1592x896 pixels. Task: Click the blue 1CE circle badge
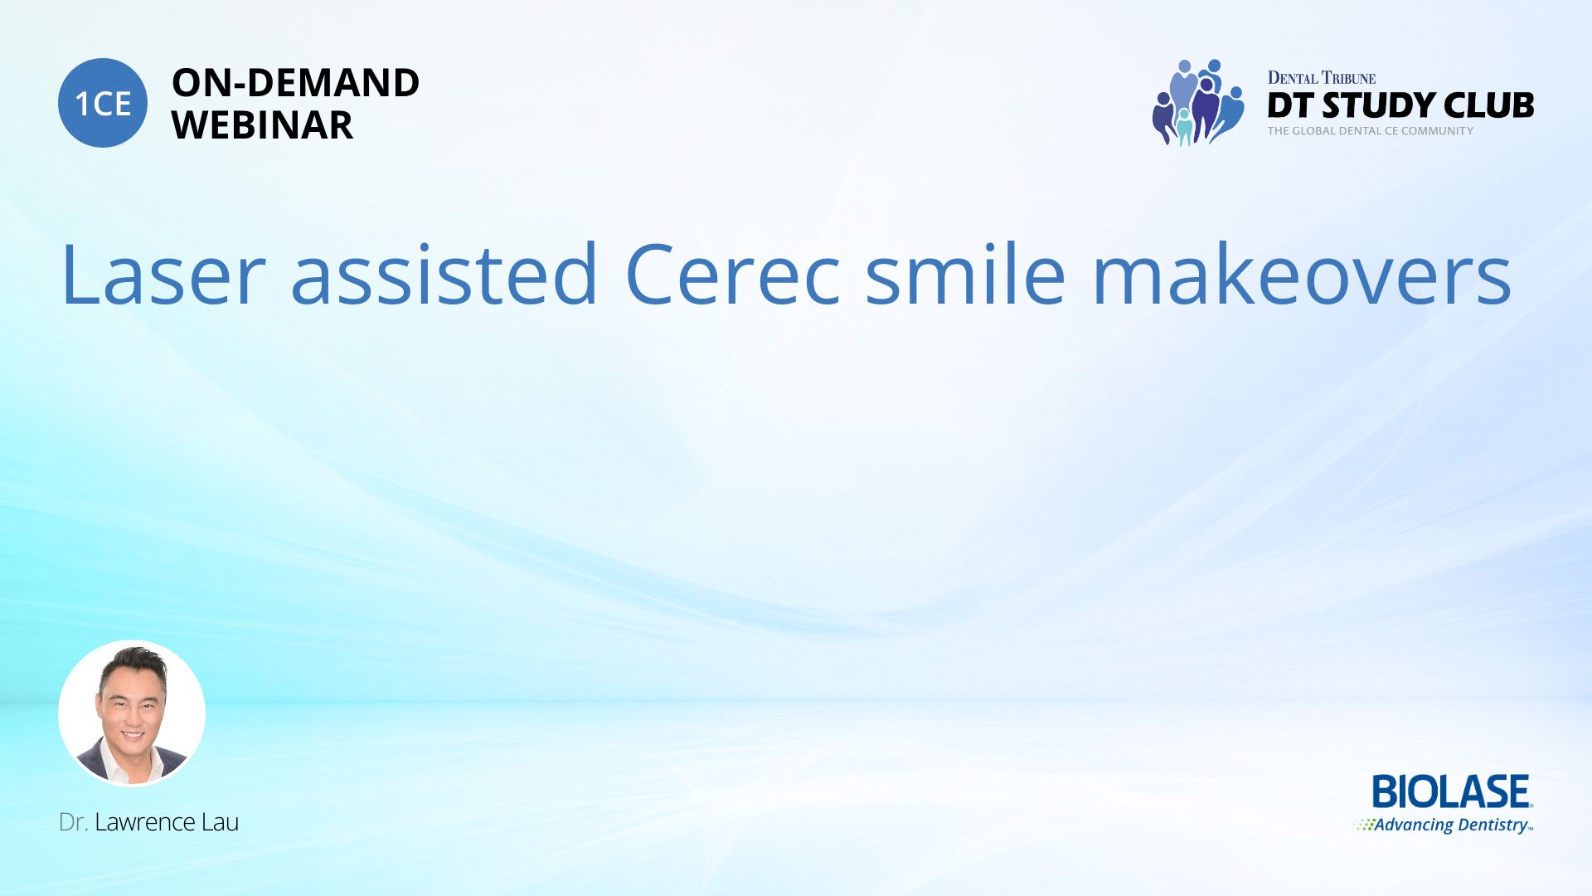pyautogui.click(x=103, y=103)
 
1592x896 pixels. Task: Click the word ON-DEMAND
pyautogui.click(x=295, y=83)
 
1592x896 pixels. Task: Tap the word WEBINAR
pyautogui.click(x=262, y=125)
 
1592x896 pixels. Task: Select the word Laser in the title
pyautogui.click(x=163, y=275)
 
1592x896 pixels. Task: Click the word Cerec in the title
pyautogui.click(x=733, y=275)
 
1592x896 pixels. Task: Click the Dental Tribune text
pyautogui.click(x=1321, y=78)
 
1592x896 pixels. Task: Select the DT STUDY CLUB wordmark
pyautogui.click(x=1400, y=105)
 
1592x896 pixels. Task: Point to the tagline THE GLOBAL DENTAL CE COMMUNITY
pyautogui.click(x=1370, y=131)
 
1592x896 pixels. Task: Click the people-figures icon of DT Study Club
pyautogui.click(x=1197, y=102)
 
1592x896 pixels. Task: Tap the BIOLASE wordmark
pyautogui.click(x=1451, y=791)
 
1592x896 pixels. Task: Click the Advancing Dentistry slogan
pyautogui.click(x=1451, y=825)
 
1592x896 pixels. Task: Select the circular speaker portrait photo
pyautogui.click(x=132, y=713)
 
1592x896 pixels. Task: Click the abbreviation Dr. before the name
pyautogui.click(x=73, y=822)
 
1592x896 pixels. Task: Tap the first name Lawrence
pyautogui.click(x=144, y=822)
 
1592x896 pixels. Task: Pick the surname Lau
pyautogui.click(x=220, y=822)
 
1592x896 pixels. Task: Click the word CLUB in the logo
pyautogui.click(x=1488, y=105)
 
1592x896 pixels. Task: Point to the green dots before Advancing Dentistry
pyautogui.click(x=1362, y=825)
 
